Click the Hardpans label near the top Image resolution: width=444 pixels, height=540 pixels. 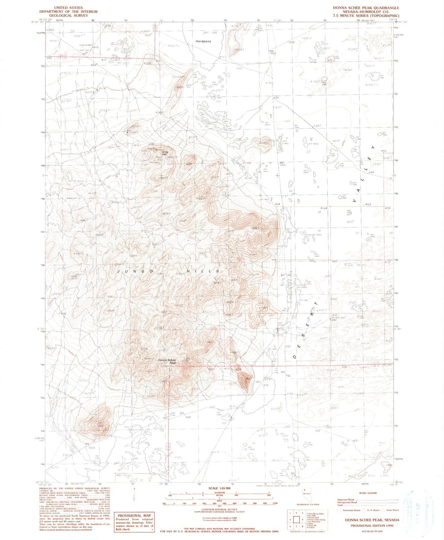(x=203, y=41)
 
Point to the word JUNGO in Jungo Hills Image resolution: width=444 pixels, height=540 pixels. (x=136, y=271)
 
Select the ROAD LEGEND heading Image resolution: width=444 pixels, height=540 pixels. (x=367, y=493)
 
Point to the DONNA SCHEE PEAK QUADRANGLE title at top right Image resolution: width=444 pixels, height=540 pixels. (x=366, y=8)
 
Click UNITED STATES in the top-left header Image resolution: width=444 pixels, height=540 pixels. (x=68, y=8)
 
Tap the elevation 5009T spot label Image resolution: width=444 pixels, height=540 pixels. (x=200, y=199)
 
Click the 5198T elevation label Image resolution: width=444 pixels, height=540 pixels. (x=256, y=228)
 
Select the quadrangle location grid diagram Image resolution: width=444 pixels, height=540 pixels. (x=296, y=520)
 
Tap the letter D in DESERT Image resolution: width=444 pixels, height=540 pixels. (x=295, y=357)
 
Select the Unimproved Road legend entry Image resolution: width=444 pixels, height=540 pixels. (x=347, y=502)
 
